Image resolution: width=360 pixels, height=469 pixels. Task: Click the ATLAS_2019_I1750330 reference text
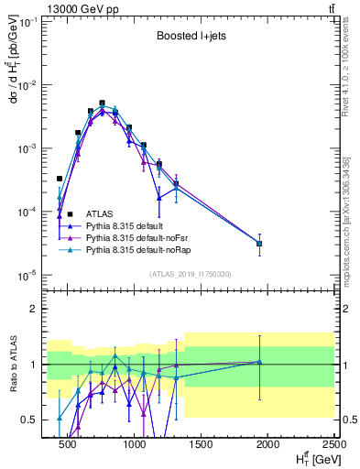point(189,274)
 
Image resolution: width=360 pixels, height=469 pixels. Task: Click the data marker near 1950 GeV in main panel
point(259,244)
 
